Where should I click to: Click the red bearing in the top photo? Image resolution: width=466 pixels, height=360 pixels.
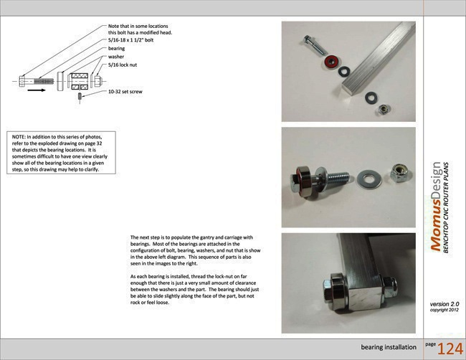[x=331, y=63]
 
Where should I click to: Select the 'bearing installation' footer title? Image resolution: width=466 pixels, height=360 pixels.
[x=389, y=348]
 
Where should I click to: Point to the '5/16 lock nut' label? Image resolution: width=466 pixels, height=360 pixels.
[x=124, y=65]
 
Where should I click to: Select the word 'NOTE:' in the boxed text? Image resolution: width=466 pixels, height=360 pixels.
[x=19, y=136]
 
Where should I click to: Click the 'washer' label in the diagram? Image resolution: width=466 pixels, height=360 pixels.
[x=115, y=57]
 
